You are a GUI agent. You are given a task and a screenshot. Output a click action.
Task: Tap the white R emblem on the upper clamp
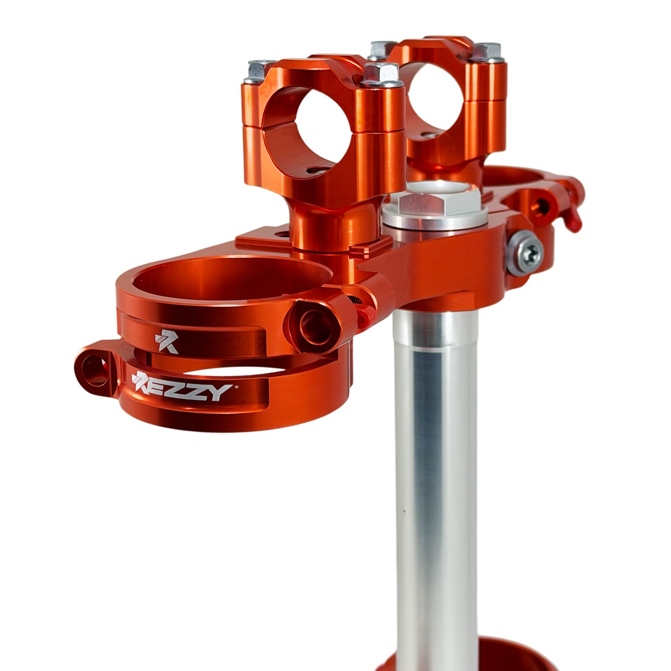coord(167,342)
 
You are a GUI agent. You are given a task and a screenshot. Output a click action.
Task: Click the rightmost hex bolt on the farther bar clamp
coord(487,53)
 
